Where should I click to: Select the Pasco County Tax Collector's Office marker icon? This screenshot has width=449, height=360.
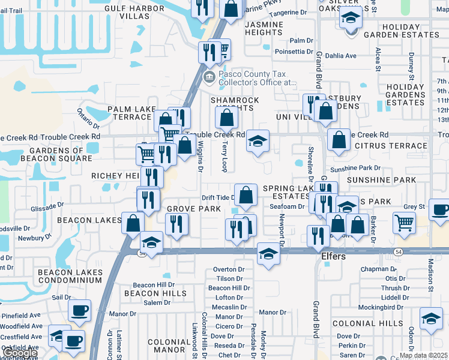[209, 76]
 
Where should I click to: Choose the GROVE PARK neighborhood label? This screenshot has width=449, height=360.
[194, 209]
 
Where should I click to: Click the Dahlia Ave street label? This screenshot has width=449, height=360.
[340, 56]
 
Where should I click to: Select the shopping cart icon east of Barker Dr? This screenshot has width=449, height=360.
[405, 223]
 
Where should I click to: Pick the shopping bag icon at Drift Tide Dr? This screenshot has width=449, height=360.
[246, 194]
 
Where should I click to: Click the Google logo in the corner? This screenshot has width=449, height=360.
[20, 353]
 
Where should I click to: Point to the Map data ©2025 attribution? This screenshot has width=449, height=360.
[423, 355]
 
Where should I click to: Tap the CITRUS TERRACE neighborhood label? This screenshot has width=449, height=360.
[391, 146]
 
